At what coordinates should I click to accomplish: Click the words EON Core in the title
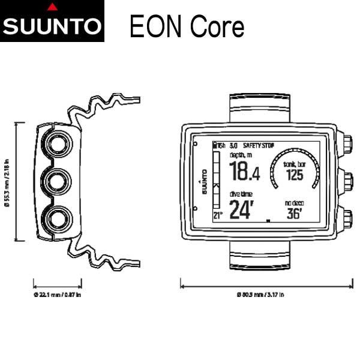tap(187, 26)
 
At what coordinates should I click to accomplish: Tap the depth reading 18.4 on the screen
tap(245, 172)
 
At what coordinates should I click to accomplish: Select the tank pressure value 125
tap(294, 175)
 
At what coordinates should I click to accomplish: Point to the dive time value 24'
tap(242, 209)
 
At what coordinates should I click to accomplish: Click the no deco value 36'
tap(293, 213)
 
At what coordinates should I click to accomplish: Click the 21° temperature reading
tap(218, 214)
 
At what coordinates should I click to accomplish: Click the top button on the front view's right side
tap(347, 145)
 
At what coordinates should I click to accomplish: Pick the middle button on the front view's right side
tap(347, 179)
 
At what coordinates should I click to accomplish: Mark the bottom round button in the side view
tap(58, 217)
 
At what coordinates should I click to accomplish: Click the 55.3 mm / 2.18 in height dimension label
tap(7, 182)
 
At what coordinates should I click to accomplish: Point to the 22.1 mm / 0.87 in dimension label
tap(58, 295)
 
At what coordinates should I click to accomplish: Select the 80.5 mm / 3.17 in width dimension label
tap(260, 295)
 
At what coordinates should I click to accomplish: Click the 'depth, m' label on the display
tap(242, 155)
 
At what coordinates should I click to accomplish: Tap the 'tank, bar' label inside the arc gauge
tap(294, 164)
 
